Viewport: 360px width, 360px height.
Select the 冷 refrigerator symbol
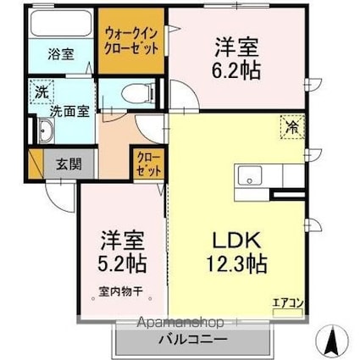click(291, 128)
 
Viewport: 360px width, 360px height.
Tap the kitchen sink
click(252, 176)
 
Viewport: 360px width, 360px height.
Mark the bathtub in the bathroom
click(61, 25)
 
